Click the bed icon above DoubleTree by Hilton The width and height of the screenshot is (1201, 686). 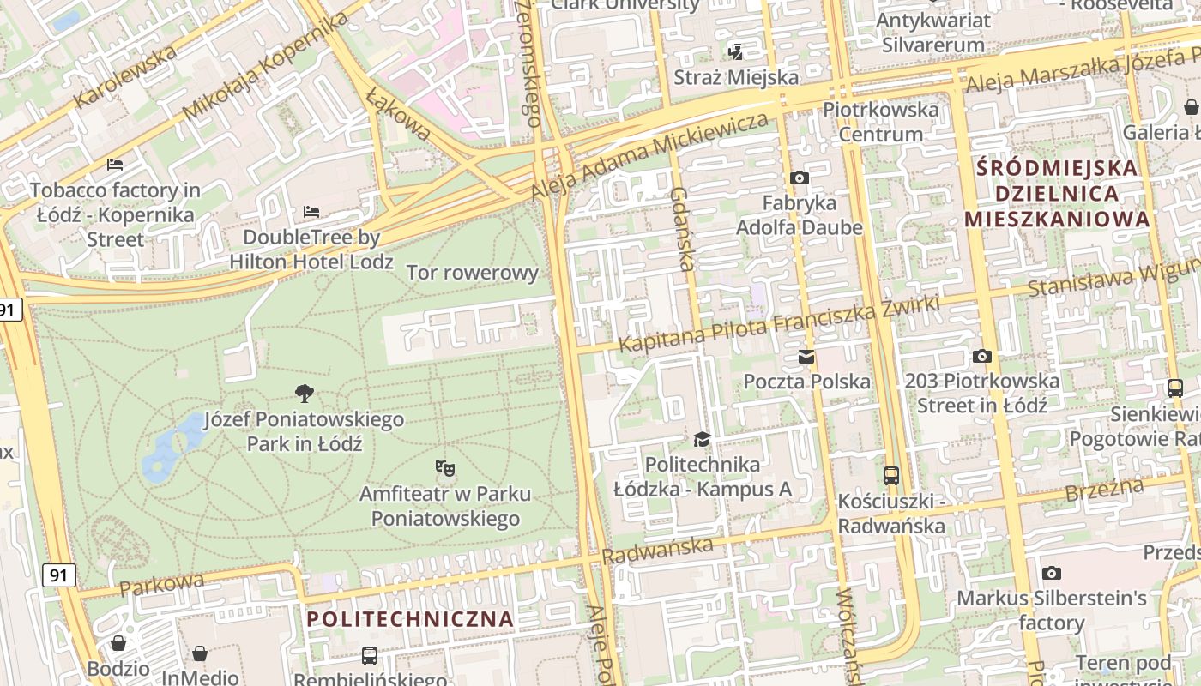311,212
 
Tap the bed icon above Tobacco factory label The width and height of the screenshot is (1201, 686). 115,165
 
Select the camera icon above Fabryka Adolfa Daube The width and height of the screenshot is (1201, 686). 800,178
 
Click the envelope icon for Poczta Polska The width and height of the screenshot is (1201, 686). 806,357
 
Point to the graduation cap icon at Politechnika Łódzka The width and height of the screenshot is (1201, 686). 703,440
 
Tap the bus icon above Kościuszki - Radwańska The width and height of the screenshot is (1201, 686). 891,476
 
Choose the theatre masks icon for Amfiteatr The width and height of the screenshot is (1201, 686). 444,468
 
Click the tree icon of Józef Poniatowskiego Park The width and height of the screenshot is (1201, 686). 304,394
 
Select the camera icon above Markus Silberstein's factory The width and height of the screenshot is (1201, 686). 1052,573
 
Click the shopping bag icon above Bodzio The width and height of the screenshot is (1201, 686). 118,643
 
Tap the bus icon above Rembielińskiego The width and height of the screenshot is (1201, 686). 370,656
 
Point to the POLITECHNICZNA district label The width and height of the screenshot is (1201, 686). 410,619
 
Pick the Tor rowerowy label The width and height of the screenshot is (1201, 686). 473,274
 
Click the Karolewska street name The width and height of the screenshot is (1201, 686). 125,75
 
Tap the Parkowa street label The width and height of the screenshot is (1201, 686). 162,585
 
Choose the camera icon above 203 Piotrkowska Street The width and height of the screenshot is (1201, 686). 982,356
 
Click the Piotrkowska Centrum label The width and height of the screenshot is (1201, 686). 881,122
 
